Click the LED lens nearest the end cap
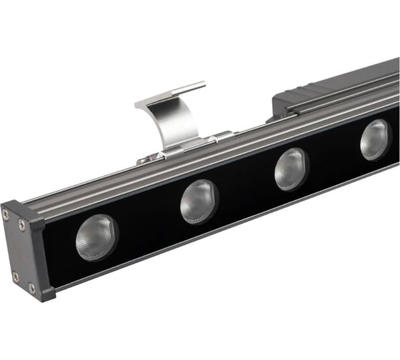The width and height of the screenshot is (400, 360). click(x=96, y=236)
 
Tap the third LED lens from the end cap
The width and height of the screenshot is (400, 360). click(x=291, y=169)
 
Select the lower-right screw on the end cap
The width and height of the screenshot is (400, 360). click(x=31, y=288)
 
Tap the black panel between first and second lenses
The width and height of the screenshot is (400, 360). click(x=147, y=222)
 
